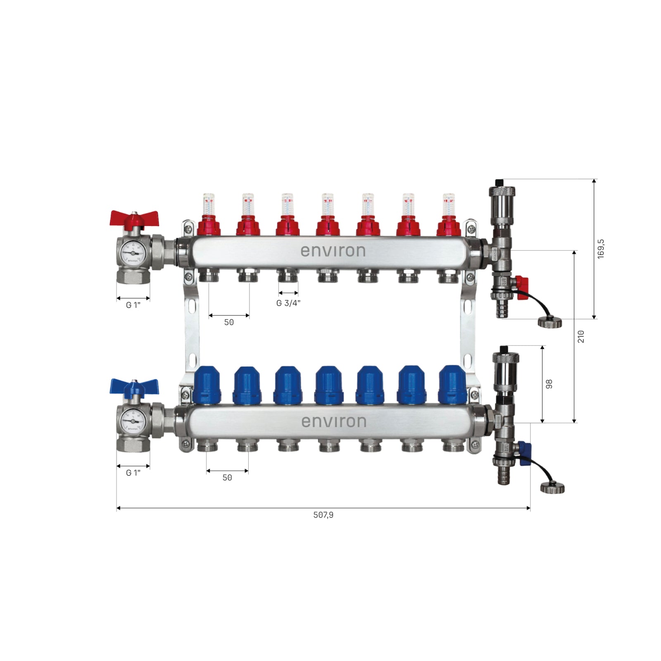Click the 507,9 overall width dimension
pyautogui.click(x=323, y=515)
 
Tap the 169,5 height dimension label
pyautogui.click(x=601, y=249)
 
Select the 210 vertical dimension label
pyautogui.click(x=581, y=336)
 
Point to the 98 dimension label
pyautogui.click(x=549, y=384)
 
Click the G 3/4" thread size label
pyautogui.click(x=288, y=303)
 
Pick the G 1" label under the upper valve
pyautogui.click(x=133, y=305)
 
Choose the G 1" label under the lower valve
pyautogui.click(x=133, y=473)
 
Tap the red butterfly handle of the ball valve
pyautogui.click(x=134, y=218)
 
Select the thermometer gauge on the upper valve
pyautogui.click(x=133, y=252)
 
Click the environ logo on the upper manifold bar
pyautogui.click(x=333, y=251)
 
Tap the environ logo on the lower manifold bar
pyautogui.click(x=334, y=421)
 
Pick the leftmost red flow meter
pyautogui.click(x=209, y=215)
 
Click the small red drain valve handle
pyautogui.click(x=523, y=283)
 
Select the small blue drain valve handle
pyautogui.click(x=525, y=453)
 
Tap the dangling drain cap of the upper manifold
pyautogui.click(x=549, y=322)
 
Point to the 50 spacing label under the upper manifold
pyautogui.click(x=229, y=322)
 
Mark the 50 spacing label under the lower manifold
pyautogui.click(x=227, y=478)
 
